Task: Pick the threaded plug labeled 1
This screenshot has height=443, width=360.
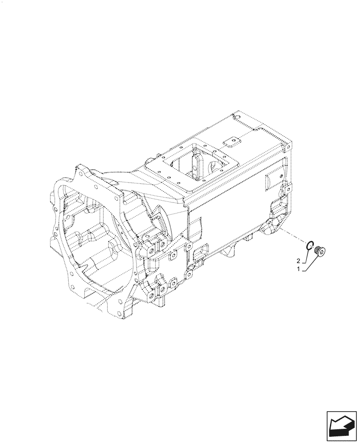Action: pos(320,252)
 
